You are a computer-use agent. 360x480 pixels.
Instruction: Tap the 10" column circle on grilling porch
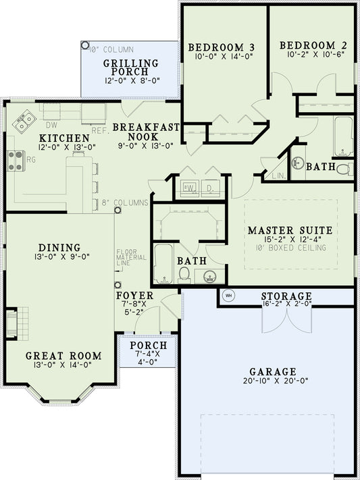pyautogui.click(x=84, y=46)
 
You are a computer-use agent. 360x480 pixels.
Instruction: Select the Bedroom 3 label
pyautogui.click(x=221, y=47)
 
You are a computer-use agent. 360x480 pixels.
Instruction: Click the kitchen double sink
pyautogui.click(x=26, y=120)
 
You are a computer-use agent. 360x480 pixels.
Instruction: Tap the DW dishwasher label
pyautogui.click(x=50, y=125)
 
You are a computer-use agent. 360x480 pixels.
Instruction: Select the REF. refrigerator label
pyautogui.click(x=100, y=130)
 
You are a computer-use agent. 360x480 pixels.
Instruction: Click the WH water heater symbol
pyautogui.click(x=228, y=295)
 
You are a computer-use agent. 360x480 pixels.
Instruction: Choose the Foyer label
pyautogui.click(x=135, y=296)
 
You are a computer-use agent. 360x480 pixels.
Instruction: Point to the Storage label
pyautogui.click(x=286, y=296)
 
